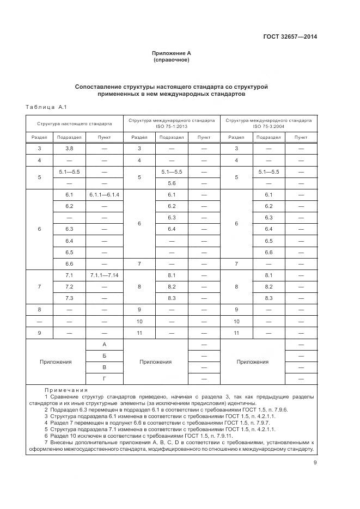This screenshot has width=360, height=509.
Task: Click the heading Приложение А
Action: tap(172, 53)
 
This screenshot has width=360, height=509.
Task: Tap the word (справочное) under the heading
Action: tap(172, 60)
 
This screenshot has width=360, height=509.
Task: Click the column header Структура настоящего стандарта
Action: tap(75, 124)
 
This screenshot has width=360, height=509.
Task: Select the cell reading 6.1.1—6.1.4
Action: tap(104, 194)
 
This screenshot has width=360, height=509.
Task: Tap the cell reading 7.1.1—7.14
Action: tap(104, 275)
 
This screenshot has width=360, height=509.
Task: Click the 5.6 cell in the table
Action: tap(172, 183)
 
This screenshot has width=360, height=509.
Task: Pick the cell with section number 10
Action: tap(139, 321)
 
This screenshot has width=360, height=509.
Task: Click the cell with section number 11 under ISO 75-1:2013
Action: tap(139, 333)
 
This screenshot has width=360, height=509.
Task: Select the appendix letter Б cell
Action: tap(104, 355)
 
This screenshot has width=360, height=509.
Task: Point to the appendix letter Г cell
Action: tap(104, 378)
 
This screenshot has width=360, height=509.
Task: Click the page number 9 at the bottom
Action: tap(315, 463)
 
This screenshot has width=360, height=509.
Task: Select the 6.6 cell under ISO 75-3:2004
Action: tap(268, 252)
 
